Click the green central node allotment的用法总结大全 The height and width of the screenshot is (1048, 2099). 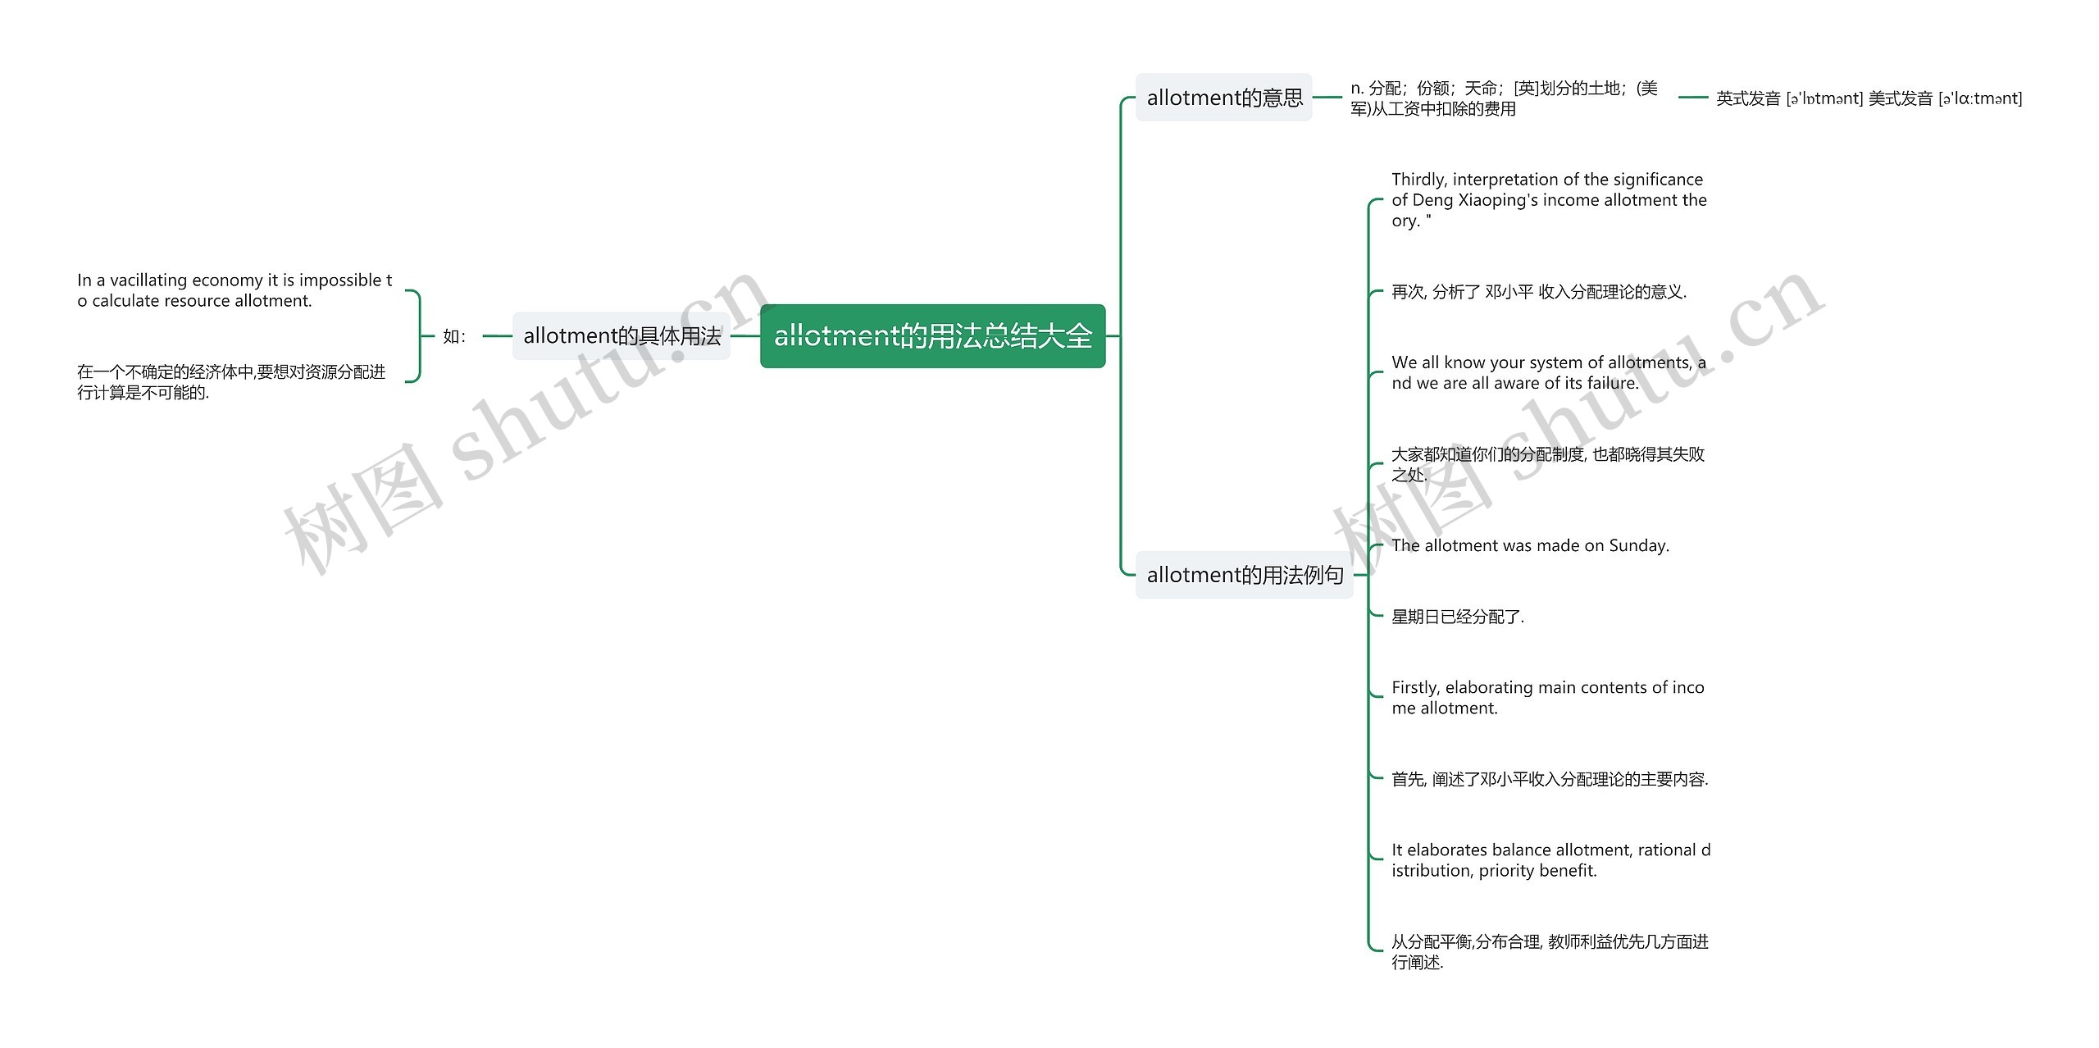932,336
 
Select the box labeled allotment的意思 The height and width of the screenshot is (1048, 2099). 1223,98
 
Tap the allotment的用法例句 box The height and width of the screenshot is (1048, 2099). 1244,575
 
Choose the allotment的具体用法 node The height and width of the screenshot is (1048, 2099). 622,336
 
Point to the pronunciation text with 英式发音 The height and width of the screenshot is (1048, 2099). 1869,98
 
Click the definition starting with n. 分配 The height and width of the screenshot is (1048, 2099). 1504,98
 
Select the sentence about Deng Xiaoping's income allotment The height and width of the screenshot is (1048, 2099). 1548,200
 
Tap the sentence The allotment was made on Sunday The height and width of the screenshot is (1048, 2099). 1530,545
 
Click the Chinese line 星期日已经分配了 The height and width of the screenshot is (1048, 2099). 1458,617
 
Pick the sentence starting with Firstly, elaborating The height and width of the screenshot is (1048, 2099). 1547,698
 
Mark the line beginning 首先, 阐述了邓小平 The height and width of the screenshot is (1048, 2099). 1550,779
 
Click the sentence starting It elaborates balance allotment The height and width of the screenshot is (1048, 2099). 1550,860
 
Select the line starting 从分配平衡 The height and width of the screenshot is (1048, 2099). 1550,952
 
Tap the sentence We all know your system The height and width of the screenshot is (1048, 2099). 1548,373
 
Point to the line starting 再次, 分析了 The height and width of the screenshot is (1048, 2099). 1538,292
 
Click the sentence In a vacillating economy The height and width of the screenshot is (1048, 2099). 234,290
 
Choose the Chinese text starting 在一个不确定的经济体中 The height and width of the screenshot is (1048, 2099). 231,382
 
